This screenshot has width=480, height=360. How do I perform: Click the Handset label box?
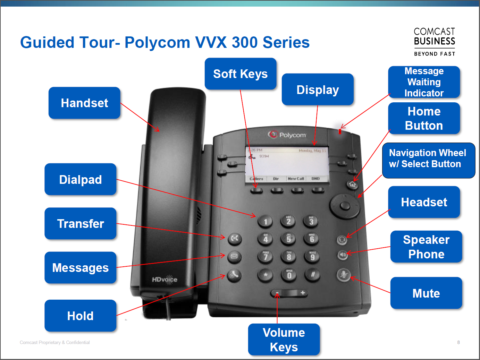[x=84, y=103]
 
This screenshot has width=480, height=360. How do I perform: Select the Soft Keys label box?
[x=240, y=74]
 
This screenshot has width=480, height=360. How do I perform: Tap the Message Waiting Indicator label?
[x=424, y=82]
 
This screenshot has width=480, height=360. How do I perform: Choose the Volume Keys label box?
[x=284, y=340]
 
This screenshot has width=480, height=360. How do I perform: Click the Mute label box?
[x=426, y=293]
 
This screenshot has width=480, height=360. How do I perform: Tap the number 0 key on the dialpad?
[x=289, y=275]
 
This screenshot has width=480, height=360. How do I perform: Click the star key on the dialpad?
[x=266, y=275]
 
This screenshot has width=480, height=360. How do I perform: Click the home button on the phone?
[x=352, y=185]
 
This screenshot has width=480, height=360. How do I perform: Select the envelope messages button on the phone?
[x=234, y=257]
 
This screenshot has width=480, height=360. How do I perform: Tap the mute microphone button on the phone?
[x=343, y=275]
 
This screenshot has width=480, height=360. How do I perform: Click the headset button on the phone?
[x=342, y=240]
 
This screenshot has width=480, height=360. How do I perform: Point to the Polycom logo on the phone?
[x=287, y=135]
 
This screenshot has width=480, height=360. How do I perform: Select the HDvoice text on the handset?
[x=165, y=280]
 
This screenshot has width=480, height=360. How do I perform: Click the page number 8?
[x=458, y=342]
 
